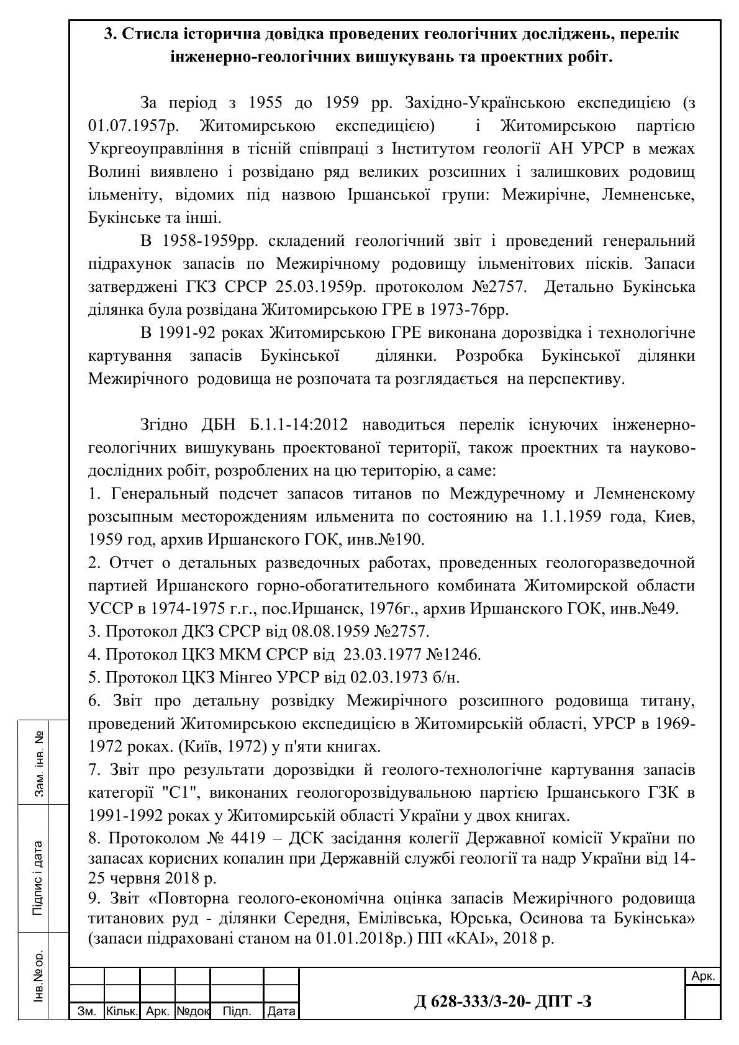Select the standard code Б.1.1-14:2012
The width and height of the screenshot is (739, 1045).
click(297, 425)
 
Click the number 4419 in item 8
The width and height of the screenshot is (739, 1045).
click(247, 838)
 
